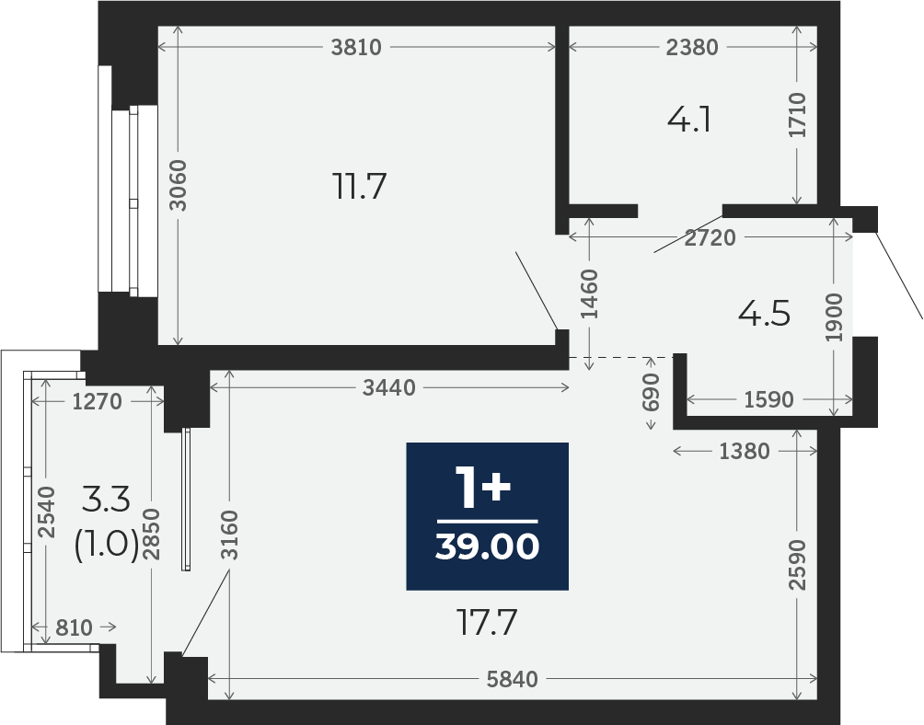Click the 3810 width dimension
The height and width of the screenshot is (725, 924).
356,47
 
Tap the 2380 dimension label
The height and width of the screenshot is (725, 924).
692,47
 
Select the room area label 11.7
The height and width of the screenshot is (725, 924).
360,186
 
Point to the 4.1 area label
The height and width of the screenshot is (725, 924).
689,121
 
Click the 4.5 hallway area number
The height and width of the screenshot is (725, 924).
764,314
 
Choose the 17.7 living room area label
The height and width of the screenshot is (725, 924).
488,623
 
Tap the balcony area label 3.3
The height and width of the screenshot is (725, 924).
106,501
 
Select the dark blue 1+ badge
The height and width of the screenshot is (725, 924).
488,516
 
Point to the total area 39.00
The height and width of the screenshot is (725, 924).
488,547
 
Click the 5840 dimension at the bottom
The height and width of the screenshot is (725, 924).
512,680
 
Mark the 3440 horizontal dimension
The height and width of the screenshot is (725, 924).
389,387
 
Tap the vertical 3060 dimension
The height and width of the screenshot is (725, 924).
178,185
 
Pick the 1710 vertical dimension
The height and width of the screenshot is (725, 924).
797,115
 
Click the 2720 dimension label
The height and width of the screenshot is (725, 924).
710,237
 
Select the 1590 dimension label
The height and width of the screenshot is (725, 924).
769,400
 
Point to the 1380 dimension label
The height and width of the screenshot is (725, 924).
745,451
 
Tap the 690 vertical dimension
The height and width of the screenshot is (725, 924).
651,392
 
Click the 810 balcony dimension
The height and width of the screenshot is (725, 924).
75,627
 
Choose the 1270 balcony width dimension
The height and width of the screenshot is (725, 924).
98,402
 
